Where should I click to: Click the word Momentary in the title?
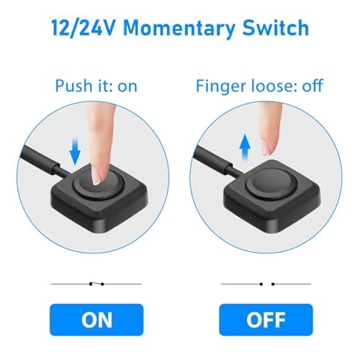(186, 29)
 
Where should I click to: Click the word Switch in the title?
(277, 29)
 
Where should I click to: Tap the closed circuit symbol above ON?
(96, 284)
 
